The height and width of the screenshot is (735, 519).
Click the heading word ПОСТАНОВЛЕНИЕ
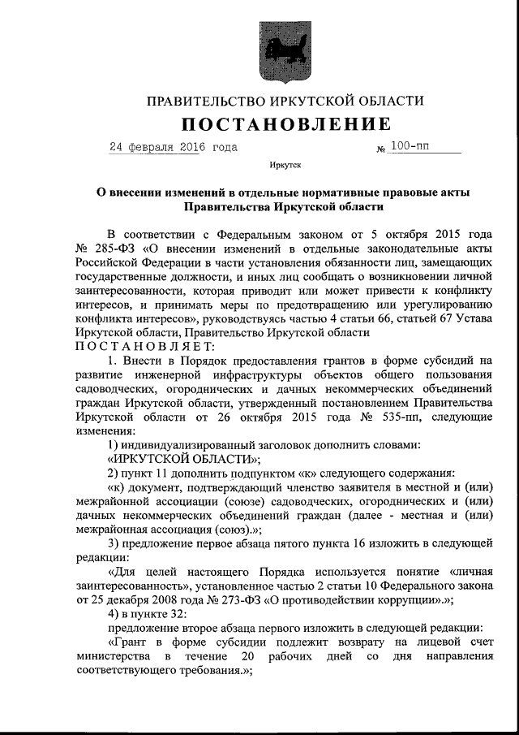tap(285, 124)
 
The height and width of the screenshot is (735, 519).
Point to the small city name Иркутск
tap(285, 167)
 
